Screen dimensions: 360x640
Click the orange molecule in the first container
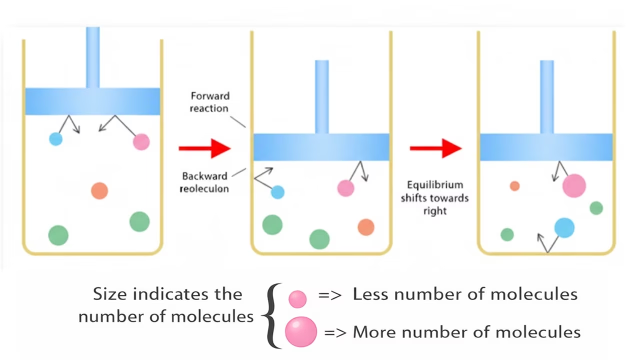[x=99, y=190]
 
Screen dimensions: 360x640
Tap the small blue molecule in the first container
[x=55, y=138]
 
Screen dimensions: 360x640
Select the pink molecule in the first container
[x=141, y=141]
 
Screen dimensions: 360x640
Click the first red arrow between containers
[x=204, y=148]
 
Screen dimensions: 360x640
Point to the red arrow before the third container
[x=435, y=148]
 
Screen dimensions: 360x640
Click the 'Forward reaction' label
[x=209, y=102]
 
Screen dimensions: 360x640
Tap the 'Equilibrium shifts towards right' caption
[x=434, y=197]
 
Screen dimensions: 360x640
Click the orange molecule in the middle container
[x=366, y=227]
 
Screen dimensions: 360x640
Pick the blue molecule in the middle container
[x=277, y=192]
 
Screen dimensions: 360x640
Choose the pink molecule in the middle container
[x=345, y=188]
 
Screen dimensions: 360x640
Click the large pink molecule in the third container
[x=574, y=185]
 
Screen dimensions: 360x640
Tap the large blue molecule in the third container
[x=564, y=227]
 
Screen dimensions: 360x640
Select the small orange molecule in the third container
[x=514, y=186]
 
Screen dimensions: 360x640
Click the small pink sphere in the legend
[x=297, y=299]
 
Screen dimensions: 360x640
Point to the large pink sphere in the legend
[x=301, y=331]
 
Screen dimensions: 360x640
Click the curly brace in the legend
[x=270, y=315]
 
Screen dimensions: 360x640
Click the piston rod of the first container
[x=92, y=57]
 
